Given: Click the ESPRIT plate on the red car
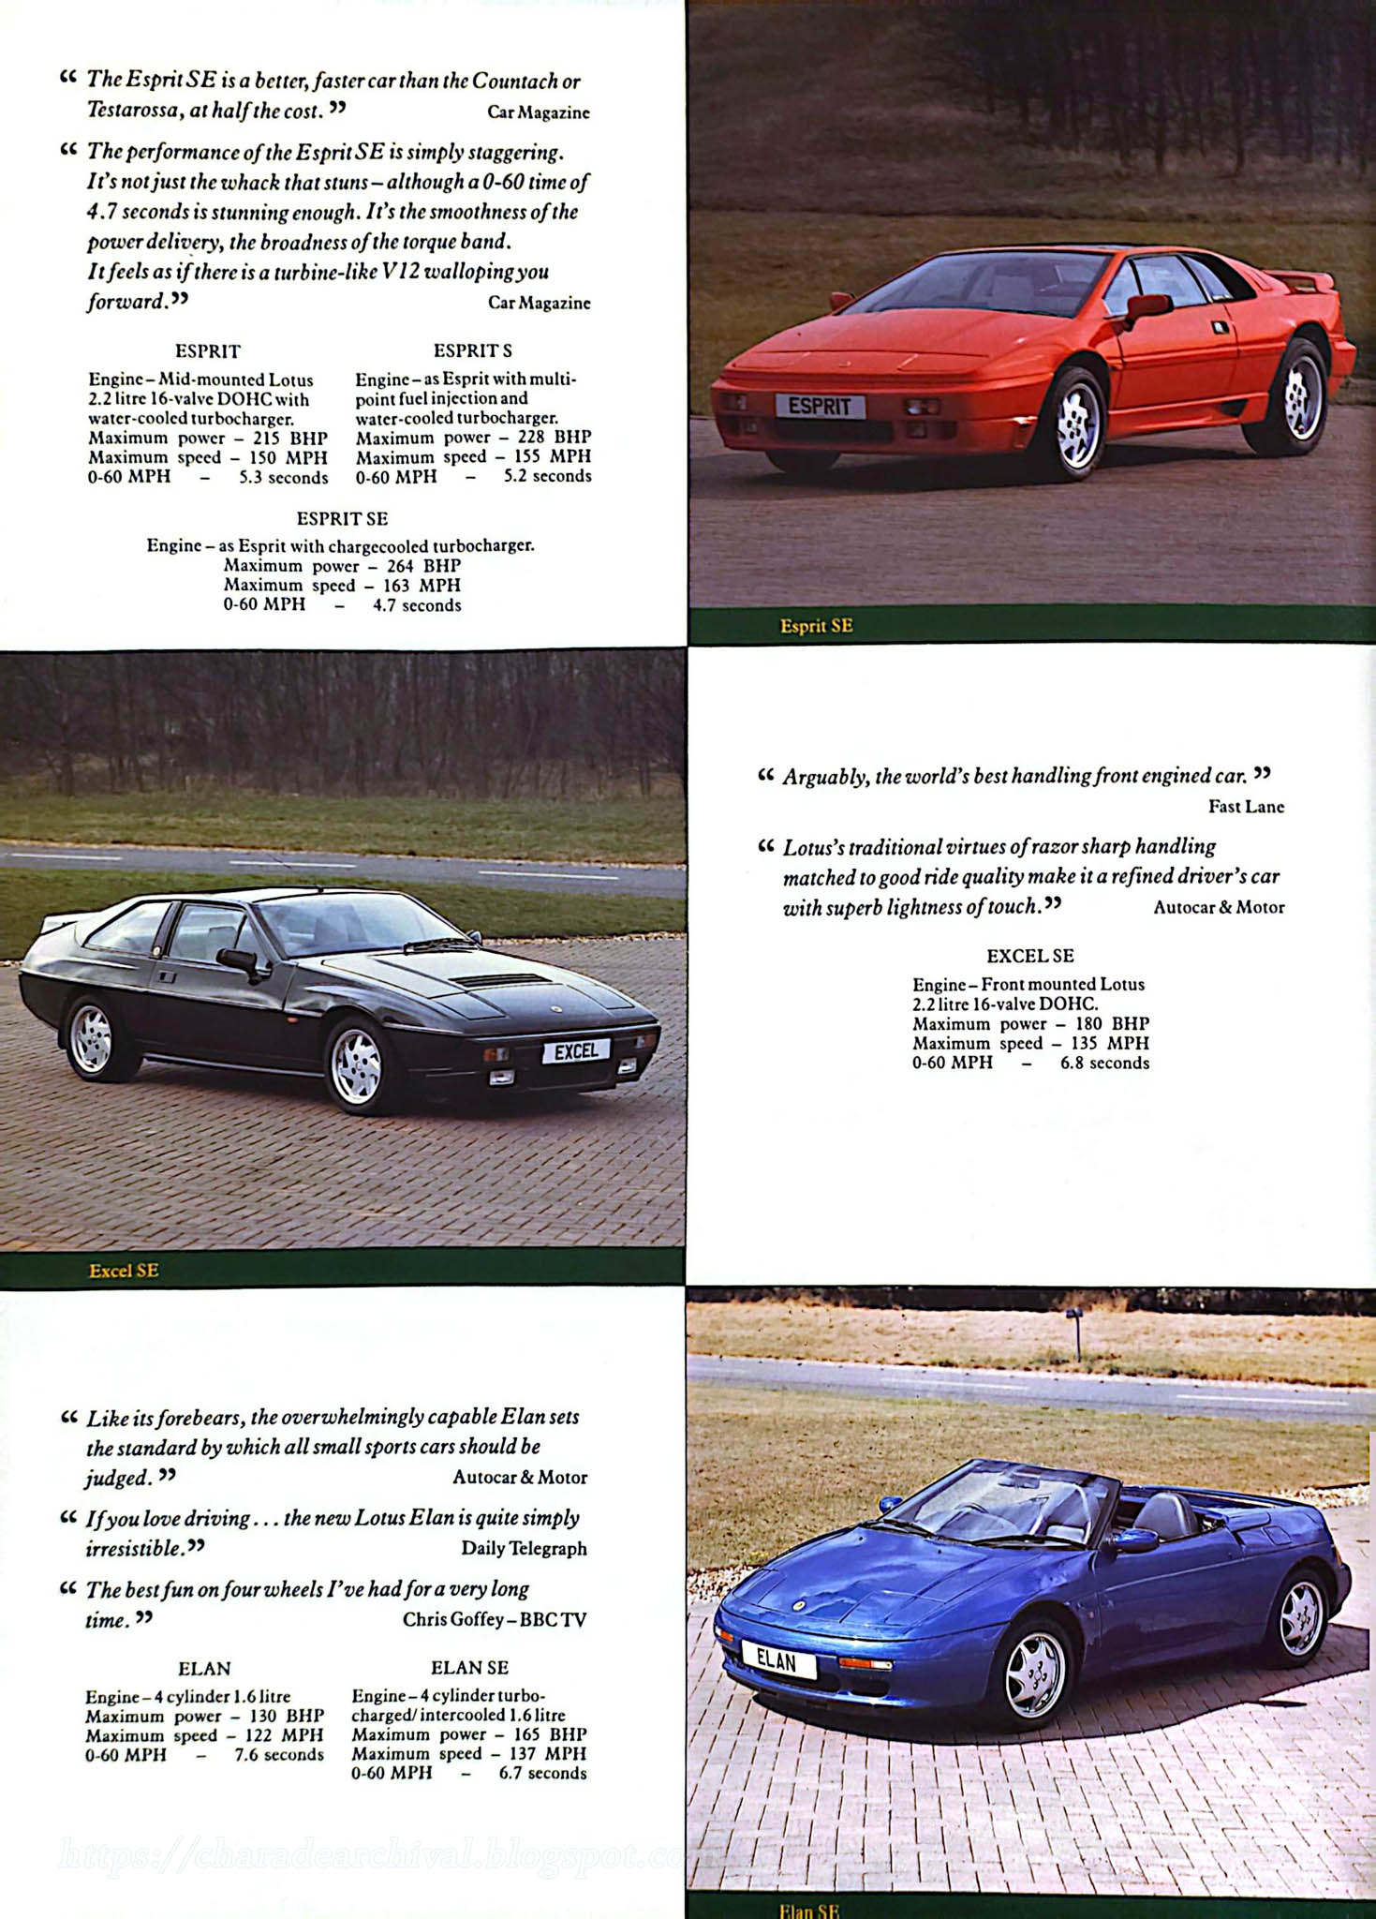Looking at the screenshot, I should tap(820, 406).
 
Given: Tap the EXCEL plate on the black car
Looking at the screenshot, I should tap(576, 1050).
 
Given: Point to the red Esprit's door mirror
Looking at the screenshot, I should tap(1148, 305).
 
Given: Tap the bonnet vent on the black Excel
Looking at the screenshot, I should tap(500, 980).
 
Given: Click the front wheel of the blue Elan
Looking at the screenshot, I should tap(1035, 1674).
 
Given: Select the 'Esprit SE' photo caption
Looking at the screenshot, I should tap(816, 626).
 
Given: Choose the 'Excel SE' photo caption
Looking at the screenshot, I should tap(123, 1271).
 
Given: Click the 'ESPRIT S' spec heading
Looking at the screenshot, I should tap(472, 350).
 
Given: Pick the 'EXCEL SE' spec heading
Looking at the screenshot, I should tap(1029, 956).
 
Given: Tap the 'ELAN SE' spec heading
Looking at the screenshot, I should tap(469, 1668).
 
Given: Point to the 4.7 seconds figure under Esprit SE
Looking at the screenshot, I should tap(417, 605).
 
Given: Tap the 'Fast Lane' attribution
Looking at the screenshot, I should tap(1246, 807).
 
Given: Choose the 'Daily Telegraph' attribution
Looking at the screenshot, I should tap(524, 1548).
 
